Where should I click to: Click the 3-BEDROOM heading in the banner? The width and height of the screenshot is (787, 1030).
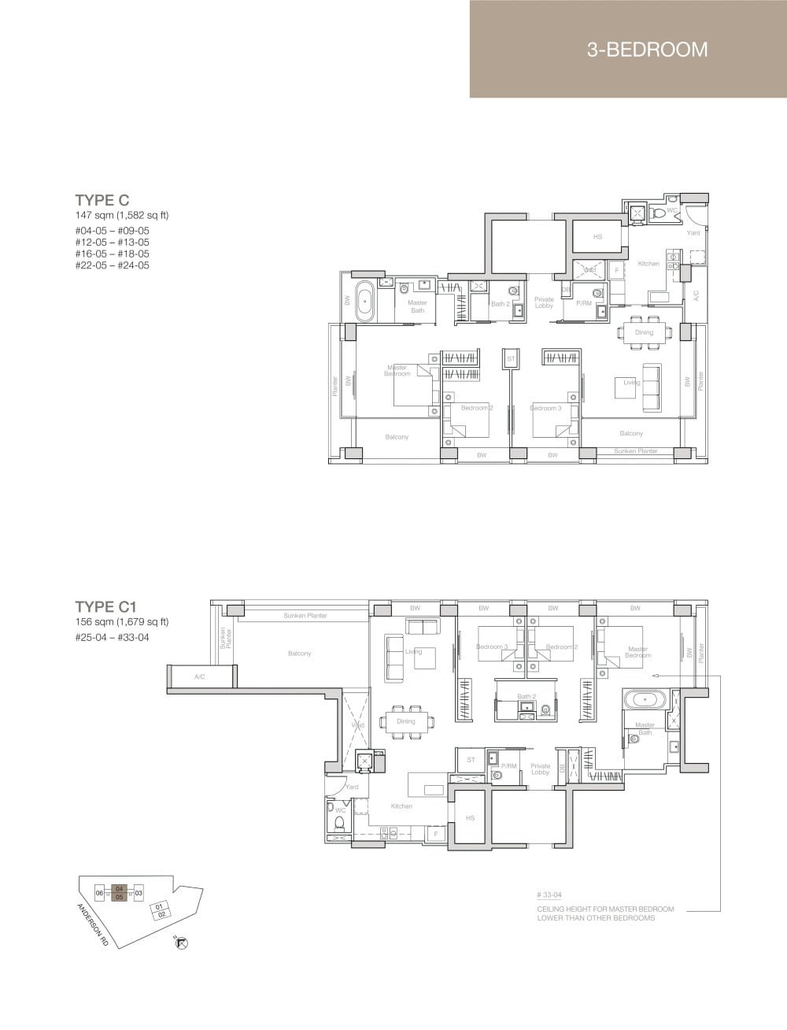[647, 50]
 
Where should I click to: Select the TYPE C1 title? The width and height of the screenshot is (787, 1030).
[106, 606]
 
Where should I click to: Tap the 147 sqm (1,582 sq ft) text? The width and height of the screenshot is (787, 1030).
[122, 215]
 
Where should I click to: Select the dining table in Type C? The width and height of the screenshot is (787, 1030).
[645, 332]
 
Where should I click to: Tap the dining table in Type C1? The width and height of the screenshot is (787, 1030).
[406, 721]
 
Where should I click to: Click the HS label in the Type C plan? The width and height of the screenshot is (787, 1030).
[597, 237]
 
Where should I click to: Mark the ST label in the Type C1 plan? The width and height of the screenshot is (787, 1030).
[471, 760]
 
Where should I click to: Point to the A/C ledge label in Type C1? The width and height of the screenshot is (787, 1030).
[199, 676]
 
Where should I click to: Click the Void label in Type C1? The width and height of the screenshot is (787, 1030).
[357, 724]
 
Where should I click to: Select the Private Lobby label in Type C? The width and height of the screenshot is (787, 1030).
[544, 302]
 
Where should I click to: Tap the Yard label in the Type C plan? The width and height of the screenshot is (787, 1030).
[693, 233]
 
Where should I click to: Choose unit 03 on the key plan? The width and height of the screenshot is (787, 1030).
[139, 893]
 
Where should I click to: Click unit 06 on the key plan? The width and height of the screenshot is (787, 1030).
[99, 893]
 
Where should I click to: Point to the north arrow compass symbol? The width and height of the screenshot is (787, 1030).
[183, 943]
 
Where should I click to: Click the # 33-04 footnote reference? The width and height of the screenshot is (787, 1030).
[549, 895]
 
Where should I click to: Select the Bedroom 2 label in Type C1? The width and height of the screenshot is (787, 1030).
[561, 647]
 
